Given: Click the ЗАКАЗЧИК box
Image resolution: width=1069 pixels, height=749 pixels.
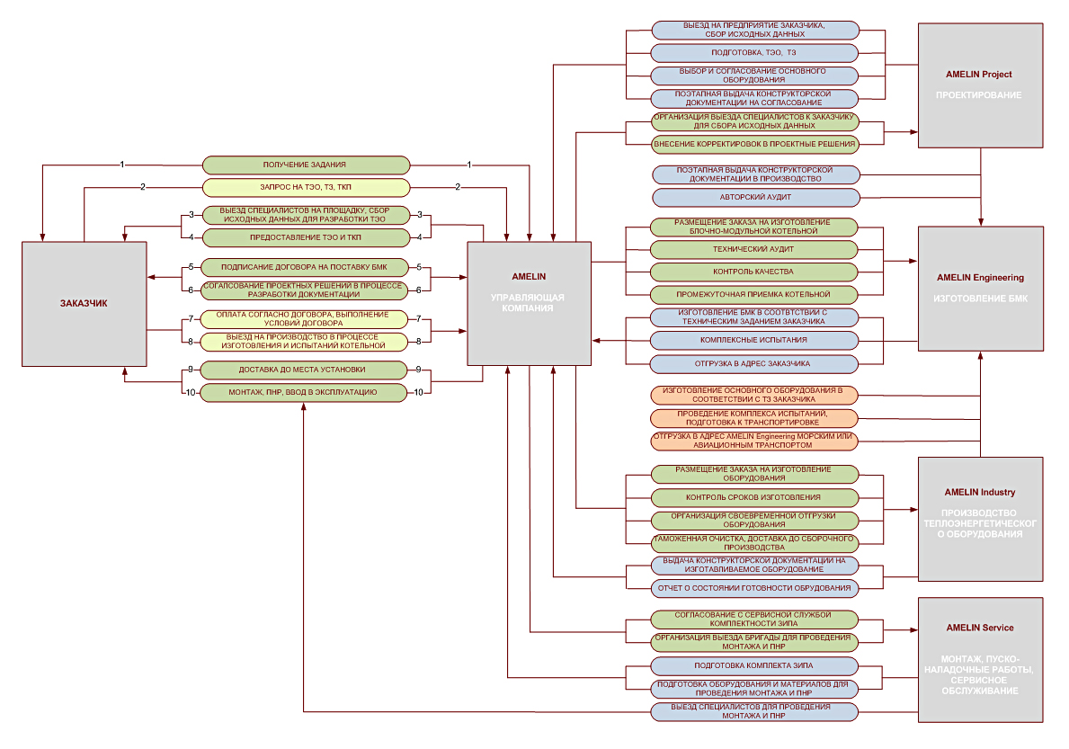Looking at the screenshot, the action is tap(84, 304).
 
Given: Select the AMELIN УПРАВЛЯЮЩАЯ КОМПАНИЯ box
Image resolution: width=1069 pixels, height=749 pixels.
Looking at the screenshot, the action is tap(529, 303).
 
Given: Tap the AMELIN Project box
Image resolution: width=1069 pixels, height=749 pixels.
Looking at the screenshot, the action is tap(980, 85).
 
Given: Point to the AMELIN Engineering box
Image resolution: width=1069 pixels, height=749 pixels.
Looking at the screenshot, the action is tap(980, 289).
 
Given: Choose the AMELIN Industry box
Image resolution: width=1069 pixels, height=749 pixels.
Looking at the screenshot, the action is tap(980, 519).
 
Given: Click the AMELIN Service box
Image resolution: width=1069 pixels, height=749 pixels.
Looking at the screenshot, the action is tap(980, 660).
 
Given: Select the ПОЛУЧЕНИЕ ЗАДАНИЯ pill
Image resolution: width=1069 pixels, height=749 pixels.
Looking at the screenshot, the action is tap(306, 165).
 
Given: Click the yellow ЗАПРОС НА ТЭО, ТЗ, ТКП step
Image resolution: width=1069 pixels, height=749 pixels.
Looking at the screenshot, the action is tap(306, 187).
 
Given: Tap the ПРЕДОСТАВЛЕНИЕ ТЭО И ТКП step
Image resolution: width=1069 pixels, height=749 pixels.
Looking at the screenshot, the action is tap(306, 238).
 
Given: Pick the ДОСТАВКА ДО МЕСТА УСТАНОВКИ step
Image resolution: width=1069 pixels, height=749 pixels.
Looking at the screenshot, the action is tap(303, 370).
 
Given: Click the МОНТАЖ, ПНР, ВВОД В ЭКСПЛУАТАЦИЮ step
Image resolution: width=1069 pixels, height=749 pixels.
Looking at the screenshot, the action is tap(303, 393).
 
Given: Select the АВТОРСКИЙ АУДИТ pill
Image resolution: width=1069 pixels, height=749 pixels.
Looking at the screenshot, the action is tap(756, 198).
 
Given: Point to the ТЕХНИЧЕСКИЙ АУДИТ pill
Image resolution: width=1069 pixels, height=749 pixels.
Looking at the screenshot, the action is tap(754, 249).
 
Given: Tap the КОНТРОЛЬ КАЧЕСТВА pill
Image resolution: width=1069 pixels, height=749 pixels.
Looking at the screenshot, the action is tap(754, 272).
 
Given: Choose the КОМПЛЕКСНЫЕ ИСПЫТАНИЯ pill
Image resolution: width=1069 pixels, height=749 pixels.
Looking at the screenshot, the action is tap(754, 340).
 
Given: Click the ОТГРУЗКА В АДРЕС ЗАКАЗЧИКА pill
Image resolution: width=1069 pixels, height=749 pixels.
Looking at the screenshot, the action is tap(754, 364).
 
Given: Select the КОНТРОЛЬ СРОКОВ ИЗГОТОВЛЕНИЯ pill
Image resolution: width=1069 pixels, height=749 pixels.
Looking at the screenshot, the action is tap(754, 497).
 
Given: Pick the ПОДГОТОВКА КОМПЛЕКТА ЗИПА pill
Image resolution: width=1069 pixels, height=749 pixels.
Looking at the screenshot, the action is tap(754, 666).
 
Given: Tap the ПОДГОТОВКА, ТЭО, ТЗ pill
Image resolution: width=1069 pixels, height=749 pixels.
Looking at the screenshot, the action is tap(754, 52).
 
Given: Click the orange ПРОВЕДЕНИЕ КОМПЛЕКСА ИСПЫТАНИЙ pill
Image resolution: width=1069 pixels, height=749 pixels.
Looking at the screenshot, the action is tap(754, 418).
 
